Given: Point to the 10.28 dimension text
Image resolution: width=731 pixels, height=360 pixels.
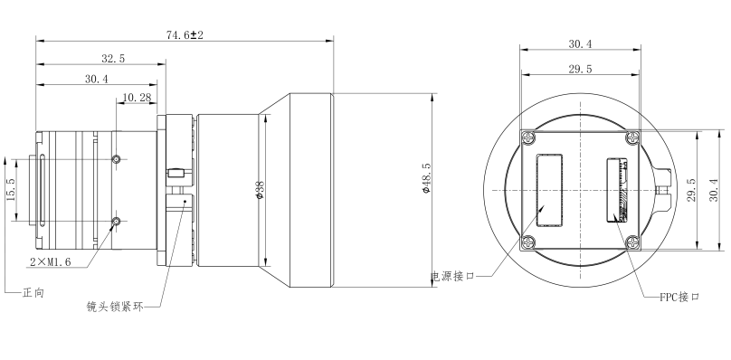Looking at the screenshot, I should [x=136, y=97].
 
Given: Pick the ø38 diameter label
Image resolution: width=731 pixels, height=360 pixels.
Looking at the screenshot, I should [x=261, y=191].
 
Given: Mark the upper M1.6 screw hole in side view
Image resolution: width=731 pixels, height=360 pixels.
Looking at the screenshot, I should [x=116, y=160].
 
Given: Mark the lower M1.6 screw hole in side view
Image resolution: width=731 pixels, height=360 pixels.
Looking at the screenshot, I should [x=116, y=222].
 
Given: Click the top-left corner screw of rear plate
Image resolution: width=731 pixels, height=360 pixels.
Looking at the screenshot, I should [x=529, y=137].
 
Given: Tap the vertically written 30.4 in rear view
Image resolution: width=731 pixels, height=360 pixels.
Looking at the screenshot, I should [x=715, y=191].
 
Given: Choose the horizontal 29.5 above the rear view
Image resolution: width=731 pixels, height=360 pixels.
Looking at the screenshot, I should [x=580, y=69].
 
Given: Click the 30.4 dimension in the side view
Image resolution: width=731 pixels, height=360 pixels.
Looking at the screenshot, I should [x=97, y=79].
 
